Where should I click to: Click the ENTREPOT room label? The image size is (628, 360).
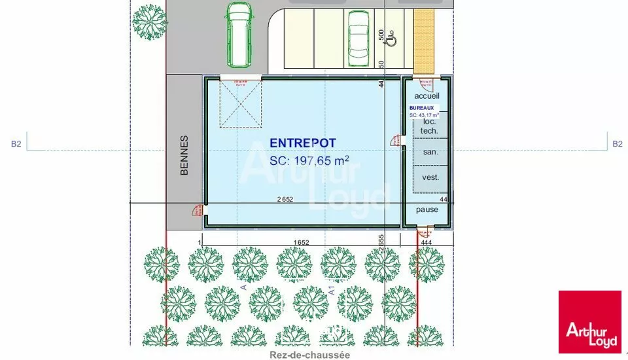(303, 143)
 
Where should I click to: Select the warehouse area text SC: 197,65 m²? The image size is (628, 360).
(309, 160)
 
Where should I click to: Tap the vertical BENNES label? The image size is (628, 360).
(184, 155)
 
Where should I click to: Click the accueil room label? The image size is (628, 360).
(427, 96)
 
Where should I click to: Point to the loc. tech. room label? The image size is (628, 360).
(429, 126)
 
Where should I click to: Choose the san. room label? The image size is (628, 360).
(430, 153)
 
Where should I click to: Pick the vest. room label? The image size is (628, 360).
(430, 177)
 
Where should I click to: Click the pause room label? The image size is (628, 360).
(427, 209)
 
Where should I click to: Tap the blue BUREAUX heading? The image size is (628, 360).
(421, 107)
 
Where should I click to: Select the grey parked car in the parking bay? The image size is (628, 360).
(358, 36)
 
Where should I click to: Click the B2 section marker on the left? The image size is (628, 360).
(16, 144)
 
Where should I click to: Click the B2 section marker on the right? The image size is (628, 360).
(617, 144)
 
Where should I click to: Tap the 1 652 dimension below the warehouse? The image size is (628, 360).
(301, 243)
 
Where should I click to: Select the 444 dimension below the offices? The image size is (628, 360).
(427, 243)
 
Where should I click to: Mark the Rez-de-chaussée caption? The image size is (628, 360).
(311, 355)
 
